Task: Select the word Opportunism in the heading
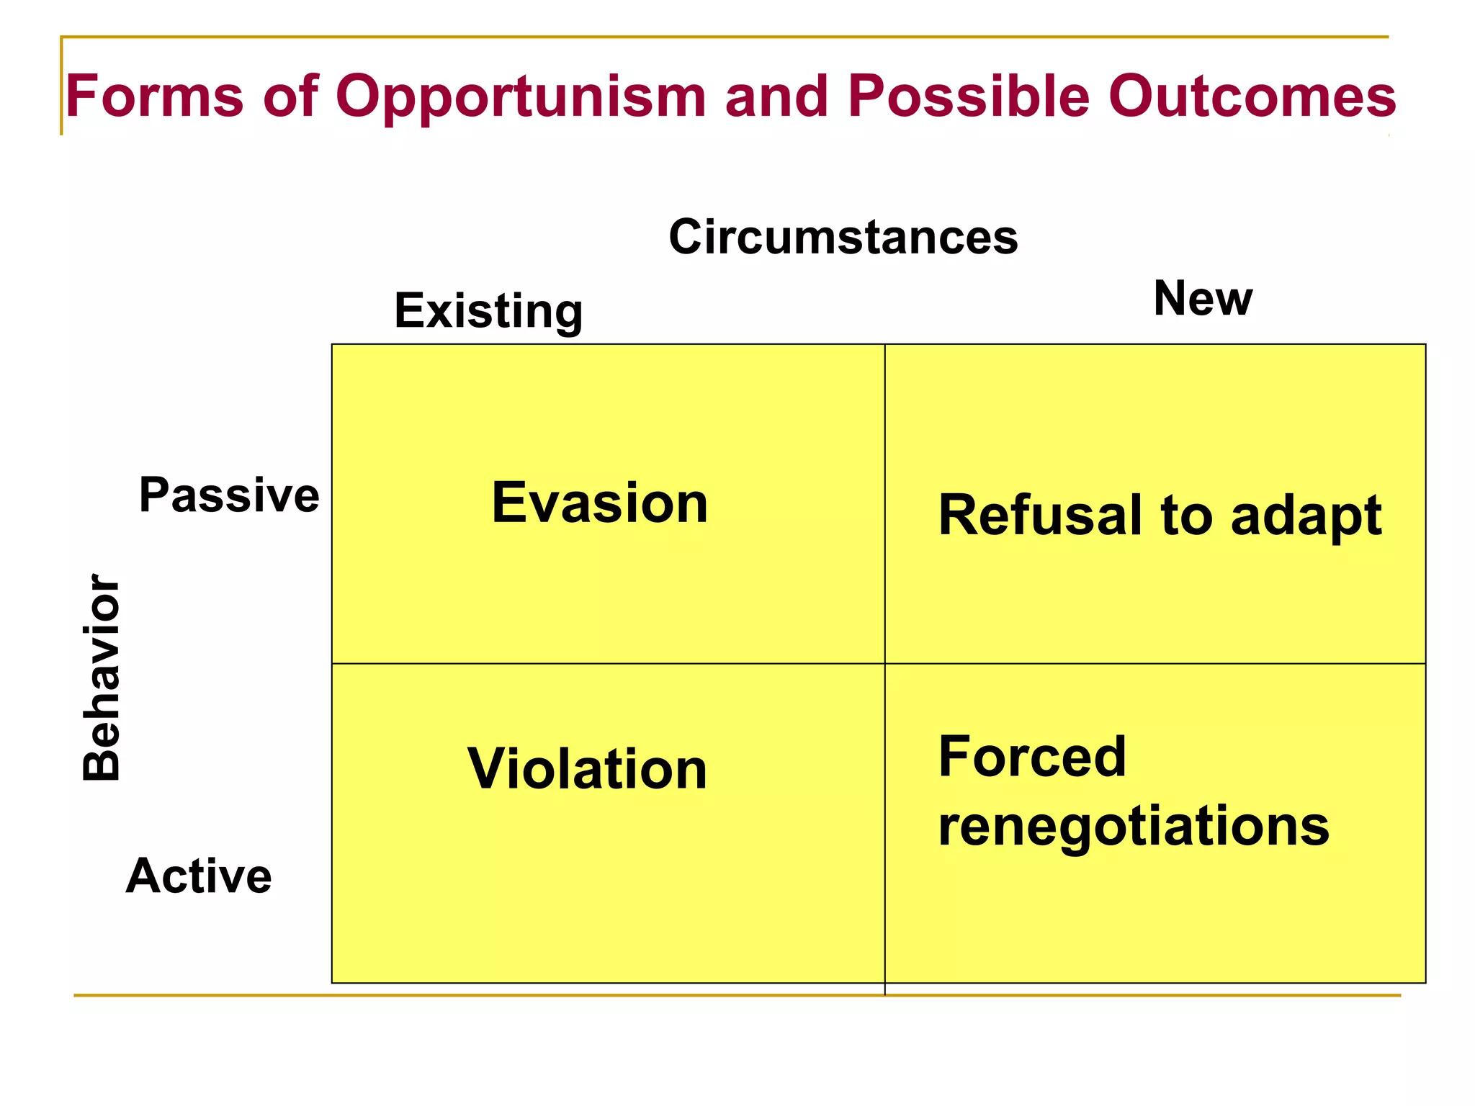(x=520, y=97)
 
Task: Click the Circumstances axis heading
(x=843, y=237)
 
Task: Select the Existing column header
(x=488, y=311)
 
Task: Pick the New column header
(x=1203, y=298)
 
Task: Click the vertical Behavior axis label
(x=102, y=677)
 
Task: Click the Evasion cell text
(x=600, y=503)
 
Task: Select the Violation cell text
(x=587, y=769)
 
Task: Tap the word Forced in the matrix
(x=1032, y=757)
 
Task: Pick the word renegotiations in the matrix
(x=1134, y=827)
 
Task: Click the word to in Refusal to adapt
(x=1186, y=516)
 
